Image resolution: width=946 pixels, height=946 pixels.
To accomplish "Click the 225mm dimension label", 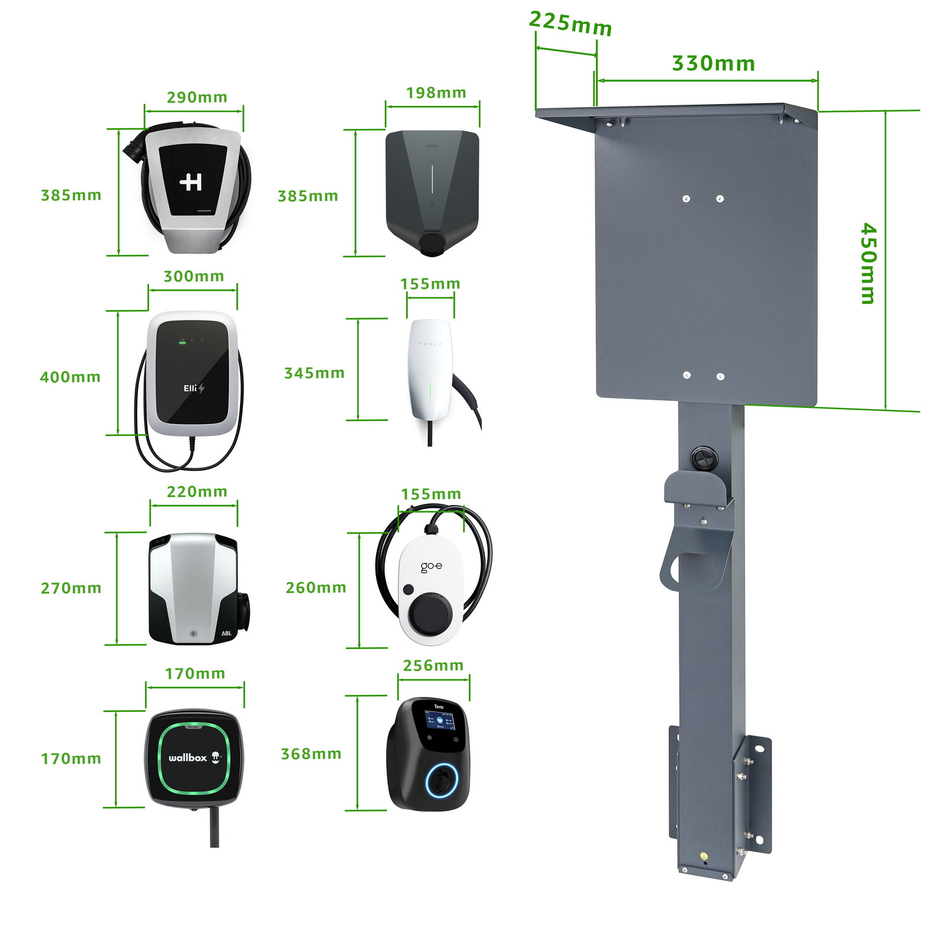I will tap(570, 24).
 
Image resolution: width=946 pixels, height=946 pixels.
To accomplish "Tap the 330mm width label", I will tap(713, 63).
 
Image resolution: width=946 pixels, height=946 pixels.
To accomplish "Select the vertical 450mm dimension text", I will tap(867, 263).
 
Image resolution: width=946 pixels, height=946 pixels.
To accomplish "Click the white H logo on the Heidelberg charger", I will tap(191, 182).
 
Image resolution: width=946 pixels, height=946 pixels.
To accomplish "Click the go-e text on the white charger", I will tap(431, 567).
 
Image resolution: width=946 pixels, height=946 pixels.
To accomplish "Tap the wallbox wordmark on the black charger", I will tap(188, 757).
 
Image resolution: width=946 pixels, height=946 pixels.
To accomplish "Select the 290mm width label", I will tap(197, 97).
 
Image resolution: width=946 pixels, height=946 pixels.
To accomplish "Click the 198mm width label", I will tap(436, 93).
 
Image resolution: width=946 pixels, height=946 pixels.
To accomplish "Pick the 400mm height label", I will tap(70, 377).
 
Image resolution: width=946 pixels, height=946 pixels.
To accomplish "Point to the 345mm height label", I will tap(314, 373).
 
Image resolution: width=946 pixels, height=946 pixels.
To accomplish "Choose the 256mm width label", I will tap(433, 665).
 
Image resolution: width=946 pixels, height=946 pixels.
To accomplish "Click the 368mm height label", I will tap(311, 754).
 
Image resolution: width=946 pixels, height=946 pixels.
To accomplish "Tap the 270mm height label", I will tap(71, 588).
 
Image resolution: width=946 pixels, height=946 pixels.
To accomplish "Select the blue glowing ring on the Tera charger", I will tap(442, 780).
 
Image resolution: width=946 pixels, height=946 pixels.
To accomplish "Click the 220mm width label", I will tap(197, 491).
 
